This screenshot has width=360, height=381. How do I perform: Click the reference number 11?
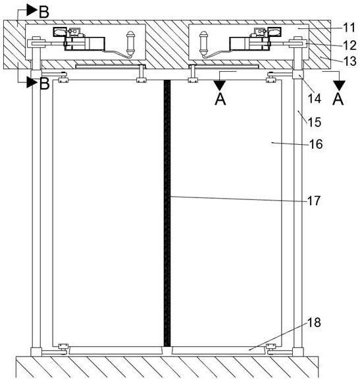[349, 28]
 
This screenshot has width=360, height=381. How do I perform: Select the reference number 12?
[349, 45]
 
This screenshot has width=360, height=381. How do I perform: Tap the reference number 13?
[349, 61]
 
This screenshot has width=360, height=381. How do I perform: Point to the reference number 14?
[315, 99]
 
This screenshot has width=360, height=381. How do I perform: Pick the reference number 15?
[315, 122]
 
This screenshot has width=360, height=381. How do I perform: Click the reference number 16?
[316, 144]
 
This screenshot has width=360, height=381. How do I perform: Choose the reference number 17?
[314, 201]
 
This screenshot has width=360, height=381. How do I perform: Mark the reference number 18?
[314, 322]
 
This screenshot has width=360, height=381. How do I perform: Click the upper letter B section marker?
[43, 12]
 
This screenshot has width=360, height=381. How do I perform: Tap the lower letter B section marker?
[44, 84]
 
